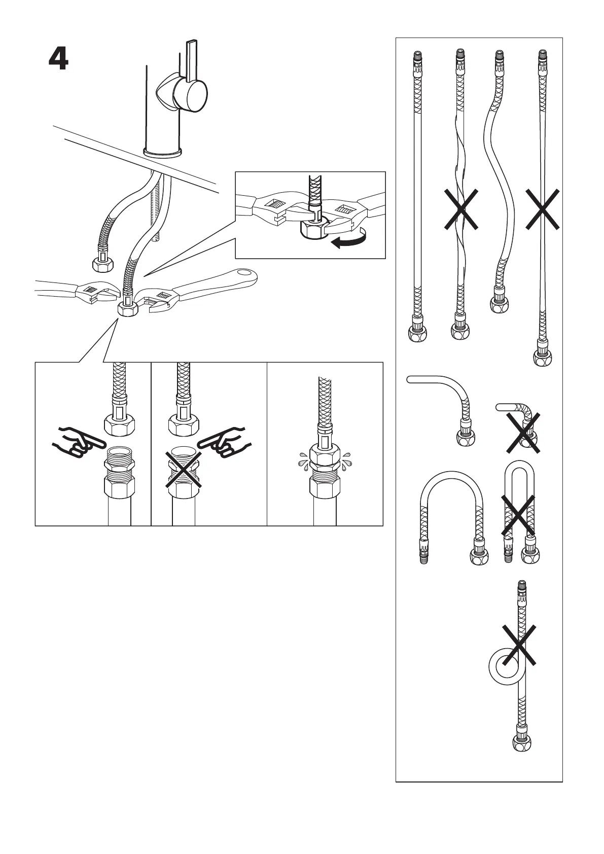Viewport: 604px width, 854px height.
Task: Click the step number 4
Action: pos(58,59)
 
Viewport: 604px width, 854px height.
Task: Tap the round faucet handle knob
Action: pos(190,95)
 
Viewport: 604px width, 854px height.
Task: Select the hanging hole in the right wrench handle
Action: pos(246,275)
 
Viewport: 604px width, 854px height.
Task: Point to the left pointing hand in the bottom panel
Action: pos(74,440)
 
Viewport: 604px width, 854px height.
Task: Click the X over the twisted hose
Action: pos(461,209)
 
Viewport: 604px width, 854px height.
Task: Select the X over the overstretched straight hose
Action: pos(542,209)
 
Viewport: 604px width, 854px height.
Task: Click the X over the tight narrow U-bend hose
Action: pos(518,515)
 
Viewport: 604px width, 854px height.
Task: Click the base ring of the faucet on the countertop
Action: pos(163,151)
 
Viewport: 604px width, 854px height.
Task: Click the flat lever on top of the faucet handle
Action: pos(192,60)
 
